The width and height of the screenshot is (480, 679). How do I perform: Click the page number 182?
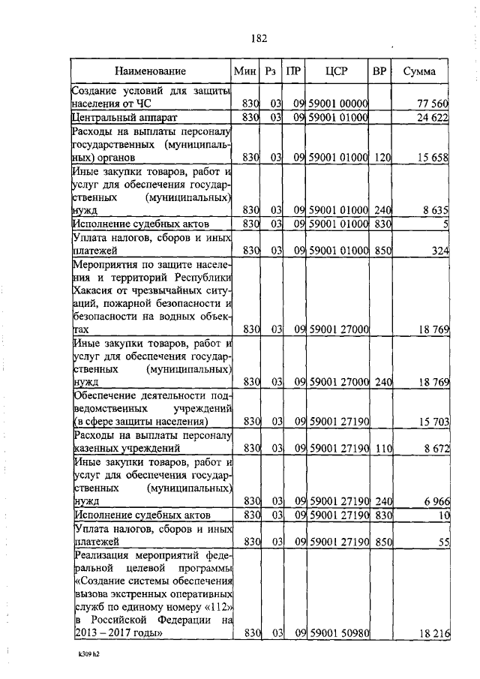[x=259, y=38]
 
